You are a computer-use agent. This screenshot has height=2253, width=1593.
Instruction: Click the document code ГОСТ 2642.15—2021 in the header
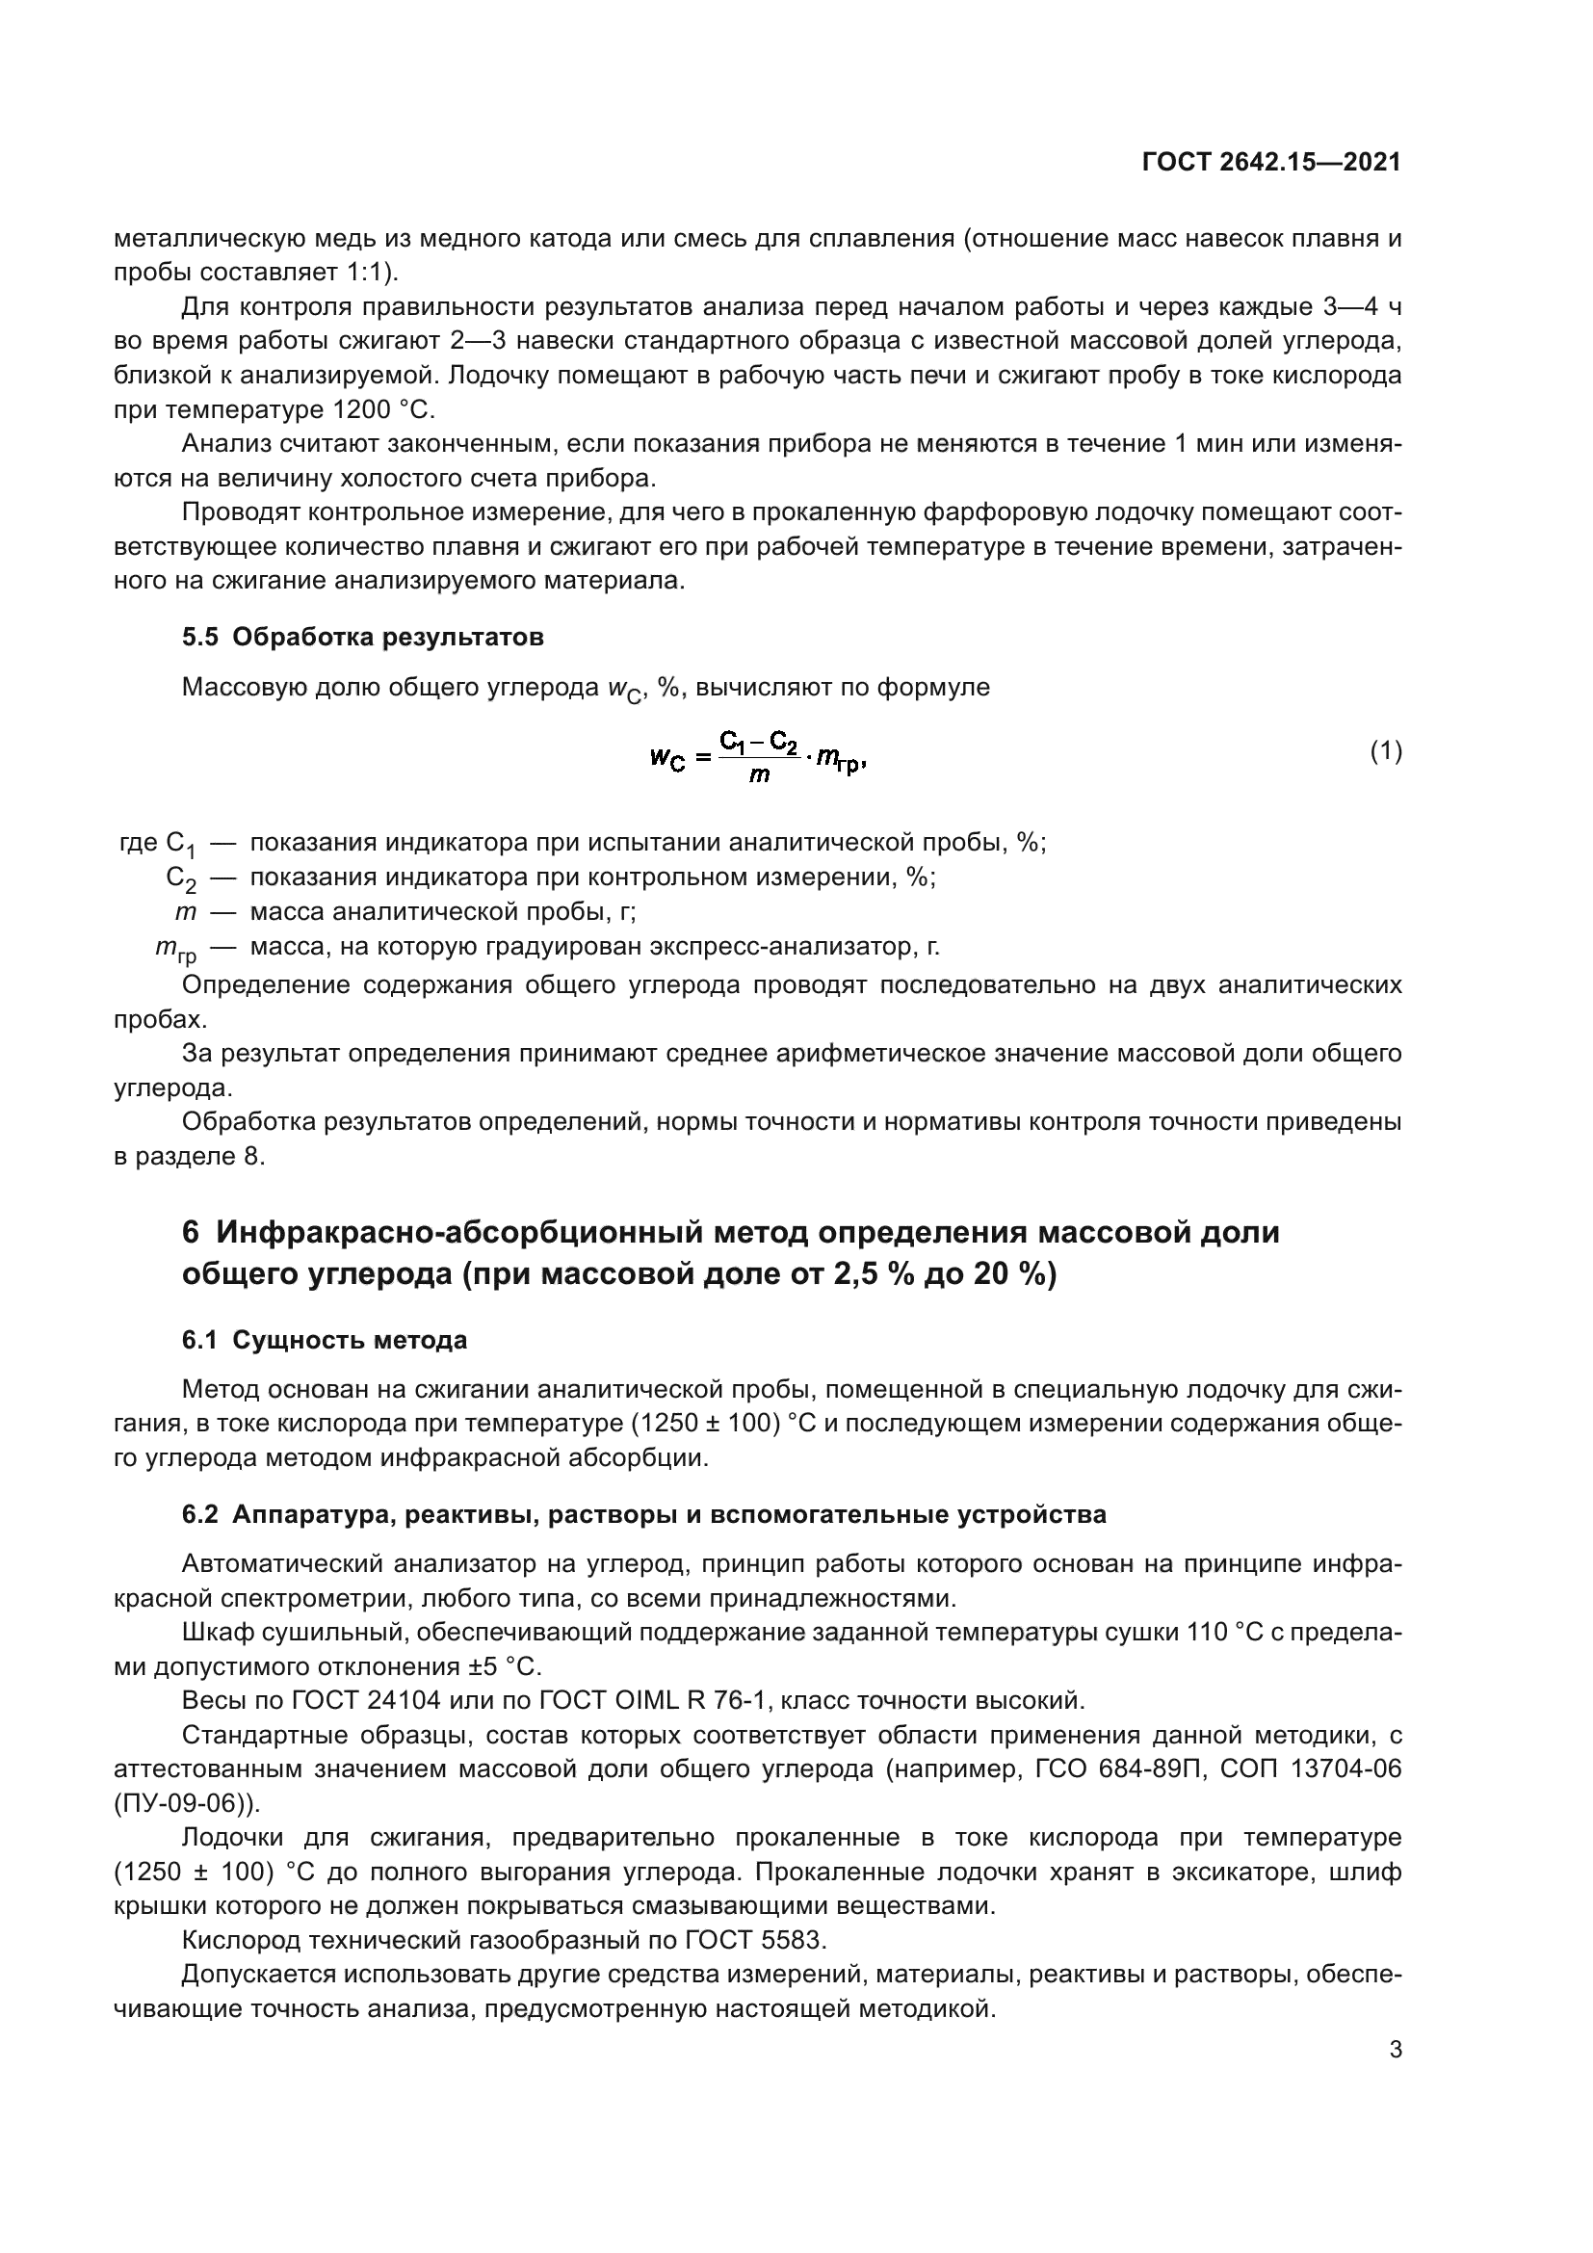click(1271, 163)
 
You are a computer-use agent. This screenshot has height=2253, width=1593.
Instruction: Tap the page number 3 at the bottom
click(1395, 2050)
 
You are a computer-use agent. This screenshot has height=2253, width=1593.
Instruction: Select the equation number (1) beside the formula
click(1385, 751)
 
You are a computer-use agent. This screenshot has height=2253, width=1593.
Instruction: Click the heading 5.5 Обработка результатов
click(363, 637)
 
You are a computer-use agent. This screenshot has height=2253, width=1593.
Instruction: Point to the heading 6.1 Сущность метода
click(325, 1340)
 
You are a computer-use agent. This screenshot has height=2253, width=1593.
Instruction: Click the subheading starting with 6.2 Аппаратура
click(643, 1514)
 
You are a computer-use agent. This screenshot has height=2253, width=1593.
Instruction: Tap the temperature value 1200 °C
click(378, 409)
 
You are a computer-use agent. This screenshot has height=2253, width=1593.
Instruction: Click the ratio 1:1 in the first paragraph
click(365, 272)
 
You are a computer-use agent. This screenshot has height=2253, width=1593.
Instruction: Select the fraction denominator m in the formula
click(758, 775)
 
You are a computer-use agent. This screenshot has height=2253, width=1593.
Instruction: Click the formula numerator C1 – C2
click(758, 742)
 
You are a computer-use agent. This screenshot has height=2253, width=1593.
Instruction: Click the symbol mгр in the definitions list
click(175, 949)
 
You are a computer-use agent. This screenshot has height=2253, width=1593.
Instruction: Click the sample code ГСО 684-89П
click(1119, 1768)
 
